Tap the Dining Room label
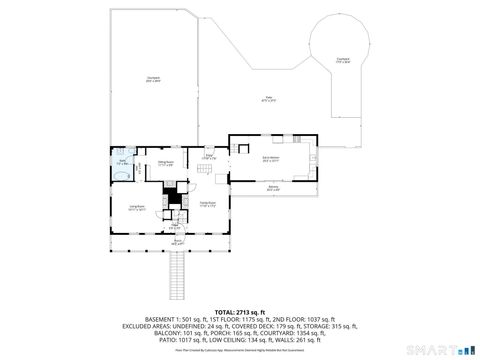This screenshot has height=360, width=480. (166, 163)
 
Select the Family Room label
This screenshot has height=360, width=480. (207, 205)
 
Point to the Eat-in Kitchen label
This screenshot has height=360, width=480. (271, 158)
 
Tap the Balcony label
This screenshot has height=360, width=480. (272, 187)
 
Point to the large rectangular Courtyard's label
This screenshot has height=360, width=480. (153, 79)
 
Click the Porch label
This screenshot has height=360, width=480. (178, 241)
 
